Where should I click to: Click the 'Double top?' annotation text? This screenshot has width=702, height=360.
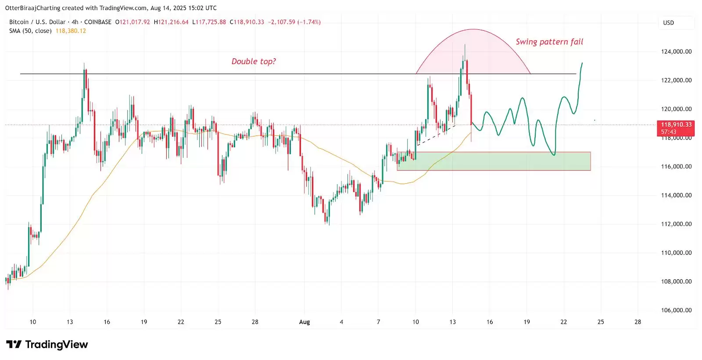254,61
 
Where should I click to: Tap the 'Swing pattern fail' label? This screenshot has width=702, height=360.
549,42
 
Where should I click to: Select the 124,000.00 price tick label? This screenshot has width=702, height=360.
676,51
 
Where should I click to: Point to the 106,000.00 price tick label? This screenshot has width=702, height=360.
676,310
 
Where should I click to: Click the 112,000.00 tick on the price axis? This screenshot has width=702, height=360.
676,224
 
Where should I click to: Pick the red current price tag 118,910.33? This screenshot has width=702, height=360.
676,125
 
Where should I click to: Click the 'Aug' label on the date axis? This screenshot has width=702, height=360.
304,322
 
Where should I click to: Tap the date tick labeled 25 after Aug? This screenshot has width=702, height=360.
601,322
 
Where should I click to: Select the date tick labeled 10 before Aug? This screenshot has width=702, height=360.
33,322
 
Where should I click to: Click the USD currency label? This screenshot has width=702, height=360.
668,23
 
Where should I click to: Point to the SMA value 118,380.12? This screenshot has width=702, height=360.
71,31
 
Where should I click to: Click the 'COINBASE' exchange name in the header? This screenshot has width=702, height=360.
98,22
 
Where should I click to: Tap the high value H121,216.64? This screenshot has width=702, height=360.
171,22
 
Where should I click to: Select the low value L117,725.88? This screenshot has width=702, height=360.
209,22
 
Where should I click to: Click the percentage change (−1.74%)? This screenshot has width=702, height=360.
310,22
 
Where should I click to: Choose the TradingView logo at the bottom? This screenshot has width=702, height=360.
47,345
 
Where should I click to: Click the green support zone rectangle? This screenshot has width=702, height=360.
494,161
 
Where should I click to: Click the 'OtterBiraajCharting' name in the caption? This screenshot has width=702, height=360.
33,8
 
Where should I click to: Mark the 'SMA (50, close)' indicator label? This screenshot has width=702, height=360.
30,31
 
